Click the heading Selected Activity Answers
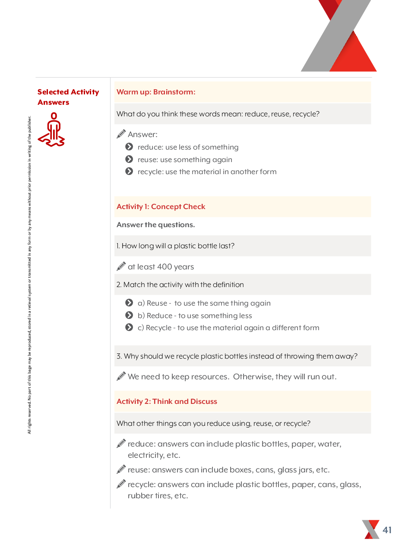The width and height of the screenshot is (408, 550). [68, 97]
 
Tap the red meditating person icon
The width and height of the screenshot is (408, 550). [52, 130]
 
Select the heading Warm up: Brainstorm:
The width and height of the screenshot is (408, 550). [156, 92]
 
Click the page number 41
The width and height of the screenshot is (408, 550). [387, 530]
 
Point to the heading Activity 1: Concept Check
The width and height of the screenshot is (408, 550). [161, 206]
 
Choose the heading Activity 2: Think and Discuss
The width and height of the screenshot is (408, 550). [167, 401]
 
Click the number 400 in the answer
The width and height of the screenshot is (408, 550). [164, 267]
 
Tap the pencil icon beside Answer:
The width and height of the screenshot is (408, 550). [121, 134]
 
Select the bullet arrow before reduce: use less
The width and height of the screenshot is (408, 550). [129, 147]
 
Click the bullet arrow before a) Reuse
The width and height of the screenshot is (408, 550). [129, 303]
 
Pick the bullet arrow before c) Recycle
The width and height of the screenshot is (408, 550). [129, 328]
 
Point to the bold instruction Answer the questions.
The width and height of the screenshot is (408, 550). [155, 225]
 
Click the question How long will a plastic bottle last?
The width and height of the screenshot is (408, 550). [176, 246]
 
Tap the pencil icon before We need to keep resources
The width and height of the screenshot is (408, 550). [121, 376]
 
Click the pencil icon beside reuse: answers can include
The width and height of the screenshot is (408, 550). [121, 469]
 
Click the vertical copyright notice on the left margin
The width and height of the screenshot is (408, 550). [29, 276]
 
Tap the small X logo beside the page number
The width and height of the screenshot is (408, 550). [371, 529]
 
